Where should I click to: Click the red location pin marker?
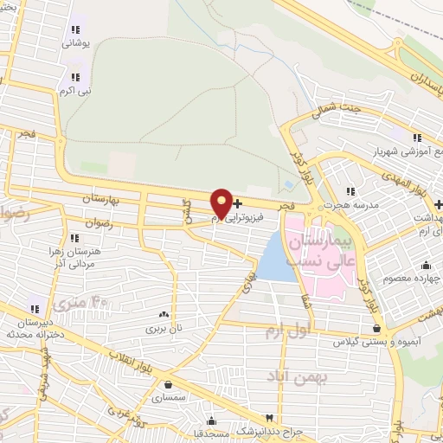point(221,204)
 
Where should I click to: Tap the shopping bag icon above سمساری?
point(167,384)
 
